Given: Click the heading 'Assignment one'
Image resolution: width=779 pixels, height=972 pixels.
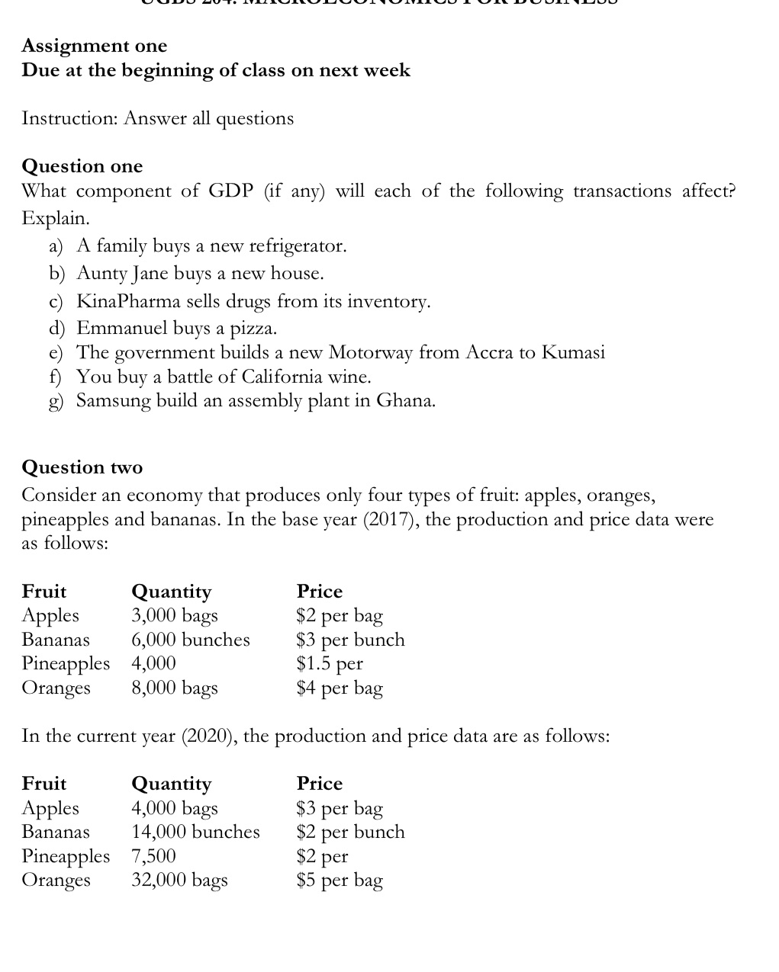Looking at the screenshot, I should tap(95, 46).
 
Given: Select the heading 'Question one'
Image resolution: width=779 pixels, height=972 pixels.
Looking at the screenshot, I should tap(82, 166).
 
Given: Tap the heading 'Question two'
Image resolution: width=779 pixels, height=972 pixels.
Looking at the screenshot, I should tap(82, 467).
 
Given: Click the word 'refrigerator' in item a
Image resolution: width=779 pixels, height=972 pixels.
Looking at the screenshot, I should tap(298, 246).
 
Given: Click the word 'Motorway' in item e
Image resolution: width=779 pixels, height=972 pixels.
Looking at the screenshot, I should tap(371, 352).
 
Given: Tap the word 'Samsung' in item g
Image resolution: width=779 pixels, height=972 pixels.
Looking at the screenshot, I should tap(114, 401).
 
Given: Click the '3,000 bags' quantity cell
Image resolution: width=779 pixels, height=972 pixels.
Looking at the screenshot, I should tap(175, 615).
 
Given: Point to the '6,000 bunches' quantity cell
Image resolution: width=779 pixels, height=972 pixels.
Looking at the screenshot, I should tap(191, 640).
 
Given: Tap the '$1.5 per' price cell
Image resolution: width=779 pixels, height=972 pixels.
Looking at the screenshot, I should tap(330, 663).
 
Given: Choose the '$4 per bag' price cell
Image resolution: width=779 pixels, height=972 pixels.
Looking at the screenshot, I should tap(340, 688).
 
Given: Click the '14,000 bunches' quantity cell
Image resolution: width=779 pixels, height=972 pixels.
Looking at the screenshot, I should tap(195, 832).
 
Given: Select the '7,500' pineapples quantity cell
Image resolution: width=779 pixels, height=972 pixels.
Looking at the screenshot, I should tap(153, 856).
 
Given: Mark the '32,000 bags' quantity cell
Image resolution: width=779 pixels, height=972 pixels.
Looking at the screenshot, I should tap(179, 881).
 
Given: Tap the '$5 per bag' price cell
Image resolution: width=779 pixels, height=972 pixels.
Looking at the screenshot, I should tap(340, 881).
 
